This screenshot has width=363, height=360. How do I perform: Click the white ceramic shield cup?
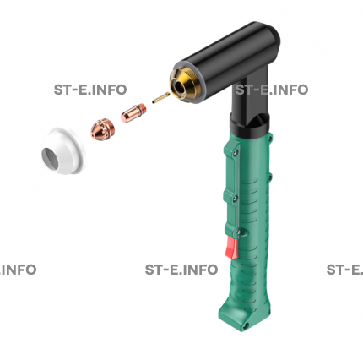click(63, 150)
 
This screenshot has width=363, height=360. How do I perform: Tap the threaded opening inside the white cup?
click(51, 158)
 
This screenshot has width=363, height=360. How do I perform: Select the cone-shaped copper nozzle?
click(102, 129)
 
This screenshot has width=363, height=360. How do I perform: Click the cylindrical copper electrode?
click(133, 112)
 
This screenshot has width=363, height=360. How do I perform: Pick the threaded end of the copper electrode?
click(143, 109)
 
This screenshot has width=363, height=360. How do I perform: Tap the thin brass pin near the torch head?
click(161, 98)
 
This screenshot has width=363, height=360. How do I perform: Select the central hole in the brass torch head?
click(180, 89)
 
